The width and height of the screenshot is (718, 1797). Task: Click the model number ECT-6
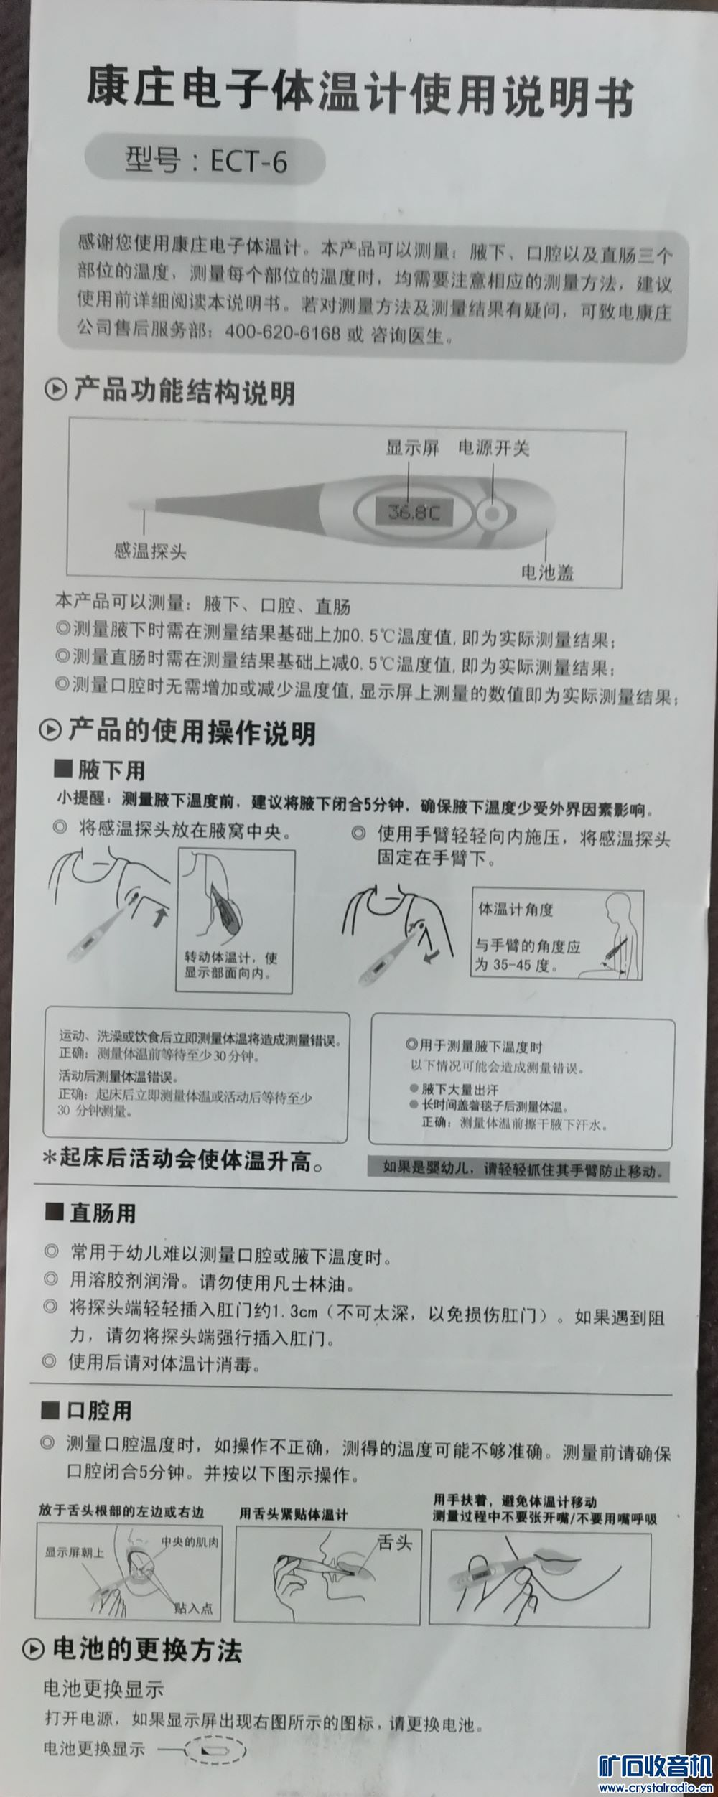click(x=248, y=162)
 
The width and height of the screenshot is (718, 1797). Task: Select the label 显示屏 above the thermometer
click(x=412, y=448)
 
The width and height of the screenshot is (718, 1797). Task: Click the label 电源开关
click(x=494, y=448)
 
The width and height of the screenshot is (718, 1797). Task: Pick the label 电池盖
click(x=546, y=572)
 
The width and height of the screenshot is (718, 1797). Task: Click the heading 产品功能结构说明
click(x=184, y=392)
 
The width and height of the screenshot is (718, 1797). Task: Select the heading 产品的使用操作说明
click(x=191, y=732)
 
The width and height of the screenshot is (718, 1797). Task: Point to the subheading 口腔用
click(x=99, y=1410)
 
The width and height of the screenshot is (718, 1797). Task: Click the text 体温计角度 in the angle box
click(x=516, y=910)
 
